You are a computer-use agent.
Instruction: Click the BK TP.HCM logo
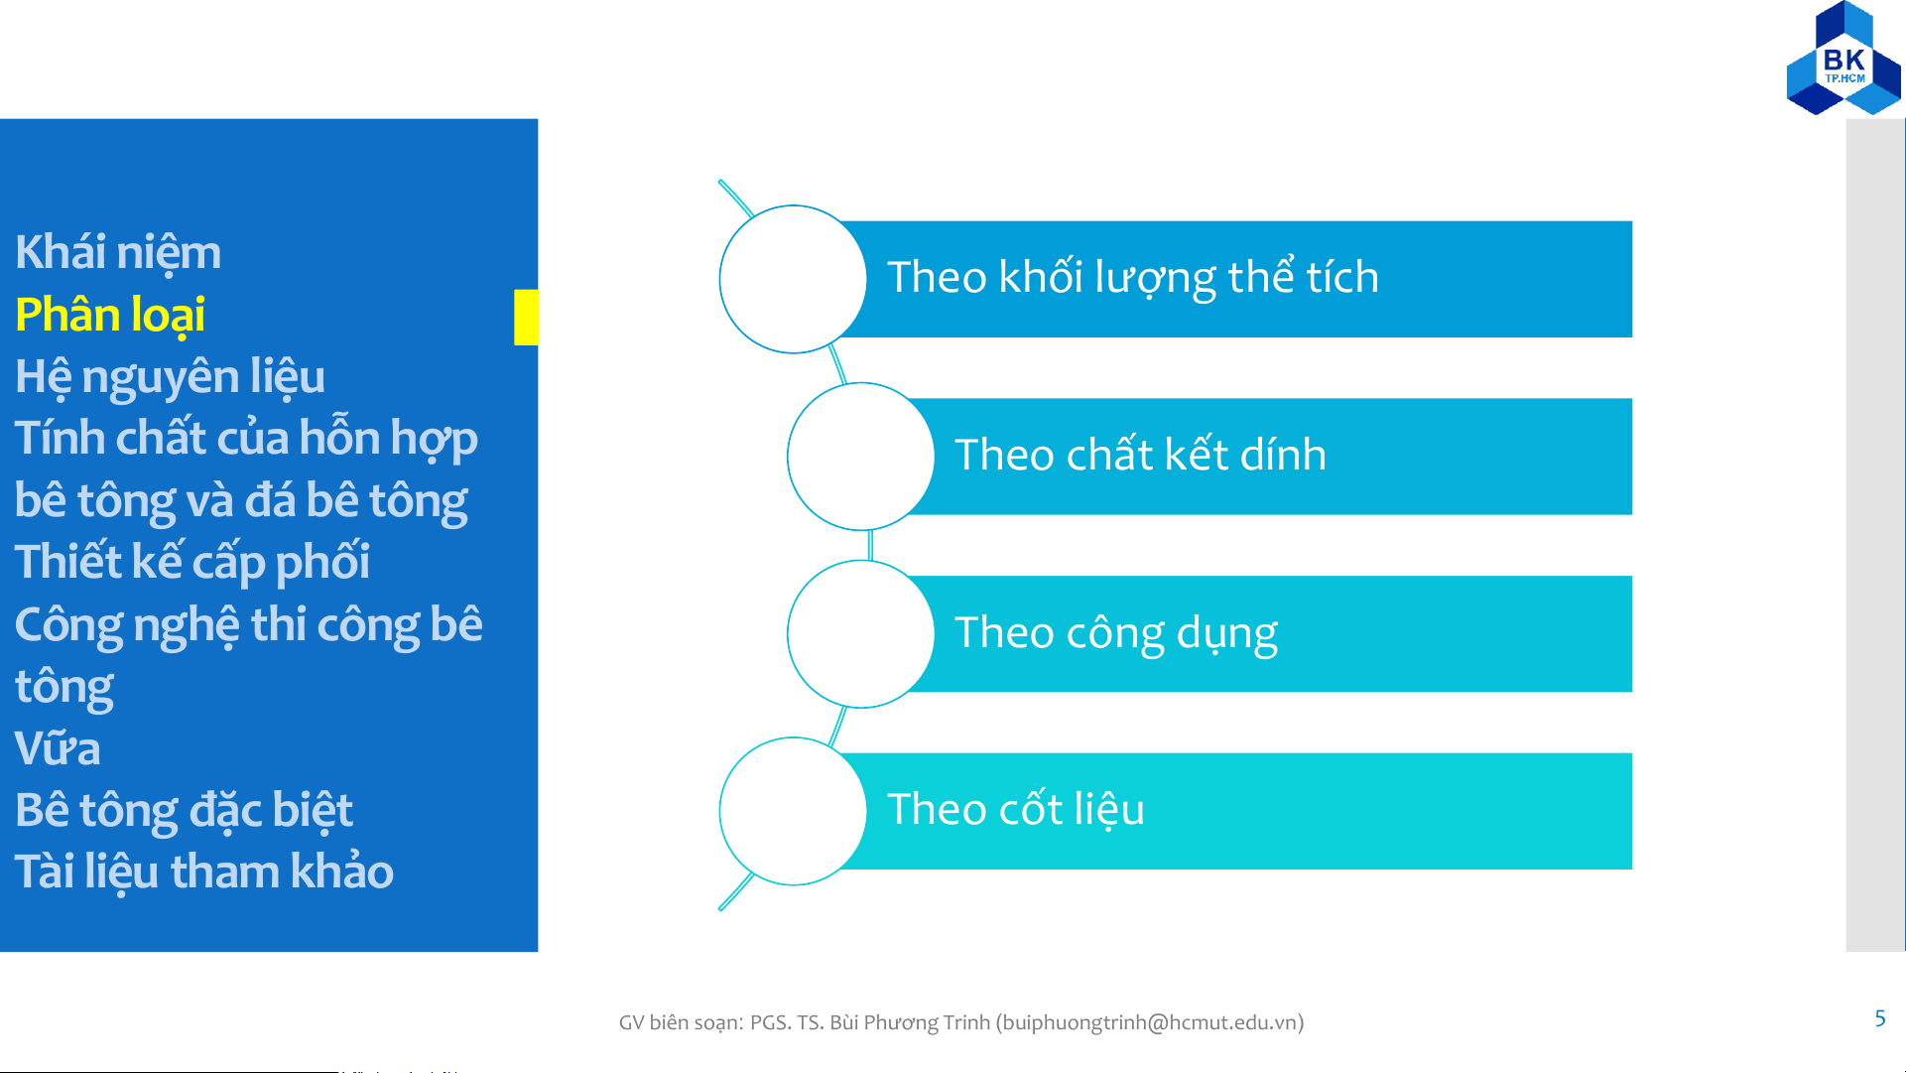coord(1843,58)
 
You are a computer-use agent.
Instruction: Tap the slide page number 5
coord(1879,1018)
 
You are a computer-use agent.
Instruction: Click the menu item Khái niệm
coord(118,252)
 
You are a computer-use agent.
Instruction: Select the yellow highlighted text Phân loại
coord(110,315)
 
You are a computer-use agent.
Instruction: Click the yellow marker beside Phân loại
coord(526,318)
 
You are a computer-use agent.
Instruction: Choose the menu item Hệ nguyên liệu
coord(170,377)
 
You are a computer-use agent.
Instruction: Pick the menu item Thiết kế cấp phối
coord(192,562)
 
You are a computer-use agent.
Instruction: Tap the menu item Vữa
coord(58,748)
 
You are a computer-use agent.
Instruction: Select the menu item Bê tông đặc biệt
coord(184,811)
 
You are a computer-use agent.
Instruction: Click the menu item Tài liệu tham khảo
coord(204,872)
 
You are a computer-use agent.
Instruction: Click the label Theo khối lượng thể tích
coord(1133,278)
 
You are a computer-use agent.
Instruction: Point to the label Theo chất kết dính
coord(1140,455)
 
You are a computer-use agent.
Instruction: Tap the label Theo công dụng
coord(1116,633)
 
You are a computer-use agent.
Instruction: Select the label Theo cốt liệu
coord(1016,810)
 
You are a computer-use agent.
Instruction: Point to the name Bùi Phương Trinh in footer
coord(910,1022)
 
